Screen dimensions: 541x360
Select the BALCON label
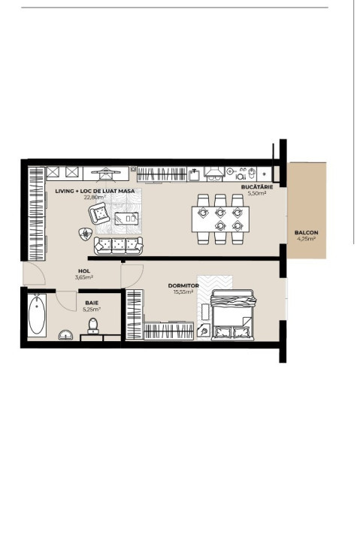click(x=306, y=233)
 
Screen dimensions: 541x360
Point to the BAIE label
click(x=92, y=303)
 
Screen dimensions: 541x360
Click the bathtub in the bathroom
click(x=36, y=316)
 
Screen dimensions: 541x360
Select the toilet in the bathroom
click(x=93, y=325)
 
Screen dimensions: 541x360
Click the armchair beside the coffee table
click(x=98, y=215)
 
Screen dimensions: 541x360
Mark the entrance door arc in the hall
click(x=34, y=275)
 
